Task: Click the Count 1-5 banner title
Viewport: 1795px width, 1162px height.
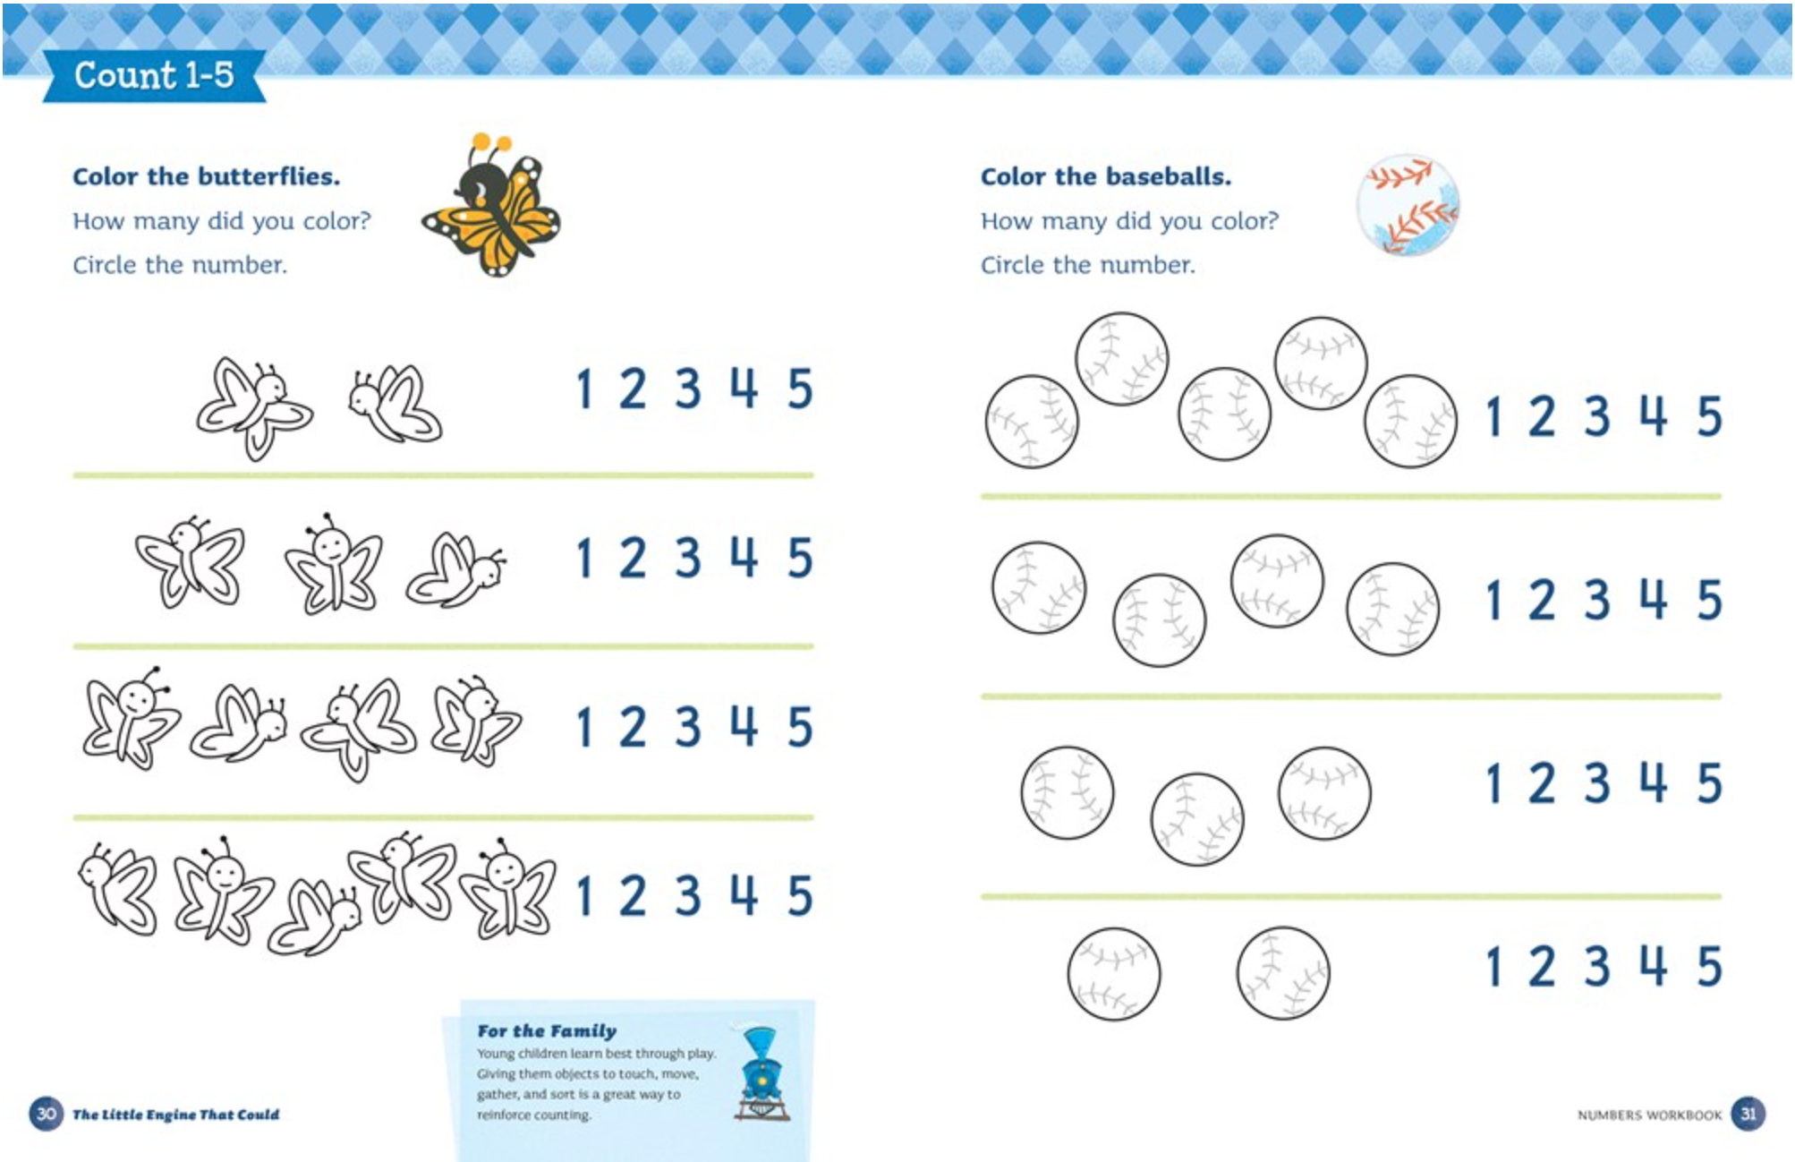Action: point(153,75)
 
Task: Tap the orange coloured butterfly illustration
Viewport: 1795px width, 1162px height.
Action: point(493,209)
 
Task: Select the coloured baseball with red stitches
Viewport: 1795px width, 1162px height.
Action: point(1408,206)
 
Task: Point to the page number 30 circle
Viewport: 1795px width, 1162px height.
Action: point(46,1114)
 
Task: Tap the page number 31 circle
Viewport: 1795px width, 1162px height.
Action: point(1748,1114)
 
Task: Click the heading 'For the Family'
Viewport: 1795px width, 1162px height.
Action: point(547,1030)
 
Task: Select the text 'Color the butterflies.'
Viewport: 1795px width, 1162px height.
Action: point(206,176)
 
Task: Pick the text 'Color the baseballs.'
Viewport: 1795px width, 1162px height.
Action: point(1105,176)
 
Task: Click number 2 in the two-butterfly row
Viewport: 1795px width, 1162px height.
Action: point(633,389)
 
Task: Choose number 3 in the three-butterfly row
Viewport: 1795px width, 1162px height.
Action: point(687,558)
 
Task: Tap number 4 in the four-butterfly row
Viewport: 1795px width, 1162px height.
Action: point(744,726)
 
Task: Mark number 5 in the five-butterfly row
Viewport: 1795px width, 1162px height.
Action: point(800,895)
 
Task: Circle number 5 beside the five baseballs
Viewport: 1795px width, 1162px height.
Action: point(1709,416)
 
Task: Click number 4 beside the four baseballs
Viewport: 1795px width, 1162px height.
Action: point(1653,599)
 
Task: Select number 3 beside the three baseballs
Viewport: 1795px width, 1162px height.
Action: point(1597,782)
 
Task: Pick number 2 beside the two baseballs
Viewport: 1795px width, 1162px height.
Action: point(1541,966)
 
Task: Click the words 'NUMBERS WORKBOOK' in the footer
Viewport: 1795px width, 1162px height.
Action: point(1649,1115)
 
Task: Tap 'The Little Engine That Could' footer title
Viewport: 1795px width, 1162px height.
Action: point(175,1115)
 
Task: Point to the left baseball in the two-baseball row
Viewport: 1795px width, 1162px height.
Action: point(1113,973)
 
